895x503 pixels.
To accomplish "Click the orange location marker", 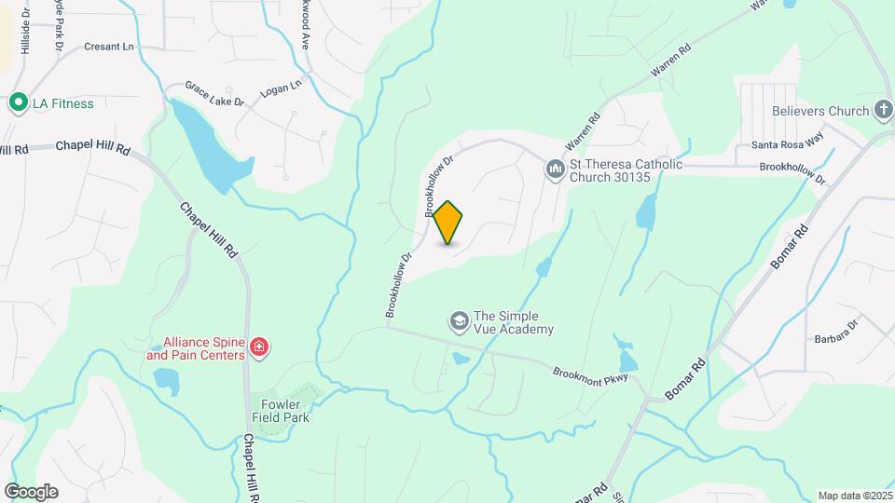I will (x=448, y=223).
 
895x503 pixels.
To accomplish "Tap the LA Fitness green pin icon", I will (x=17, y=103).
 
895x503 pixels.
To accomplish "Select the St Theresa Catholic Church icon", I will (x=555, y=169).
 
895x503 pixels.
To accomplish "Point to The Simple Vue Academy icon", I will (x=459, y=322).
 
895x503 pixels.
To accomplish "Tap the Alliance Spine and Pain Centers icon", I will (x=260, y=349).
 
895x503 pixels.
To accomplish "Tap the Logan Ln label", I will (x=282, y=85).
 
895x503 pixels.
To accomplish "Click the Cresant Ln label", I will (x=110, y=46).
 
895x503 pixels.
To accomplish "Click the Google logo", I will (x=31, y=492).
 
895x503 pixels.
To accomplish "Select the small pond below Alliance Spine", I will (x=167, y=379).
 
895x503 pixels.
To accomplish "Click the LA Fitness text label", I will (x=62, y=103).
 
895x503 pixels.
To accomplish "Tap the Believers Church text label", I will (x=821, y=112).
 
